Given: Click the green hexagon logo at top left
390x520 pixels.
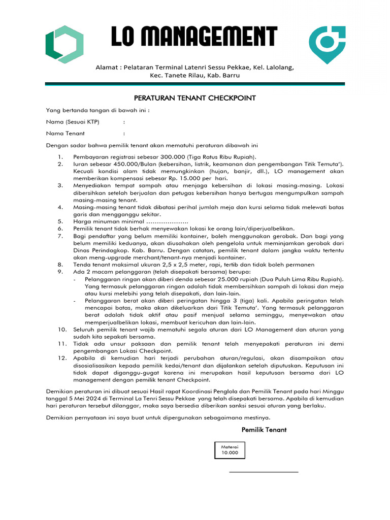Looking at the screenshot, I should coord(64,45).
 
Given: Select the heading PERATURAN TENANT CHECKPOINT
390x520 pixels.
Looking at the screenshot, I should coord(194,97).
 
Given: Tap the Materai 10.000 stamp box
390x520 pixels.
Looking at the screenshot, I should coord(229,450).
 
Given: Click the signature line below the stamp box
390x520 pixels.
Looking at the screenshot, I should coord(264,472).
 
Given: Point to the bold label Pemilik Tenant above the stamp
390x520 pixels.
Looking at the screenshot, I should coord(264,430).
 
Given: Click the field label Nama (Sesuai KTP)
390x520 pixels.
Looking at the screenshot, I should coord(73,122).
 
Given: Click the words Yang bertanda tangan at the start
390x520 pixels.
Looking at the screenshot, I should coord(77,110).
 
